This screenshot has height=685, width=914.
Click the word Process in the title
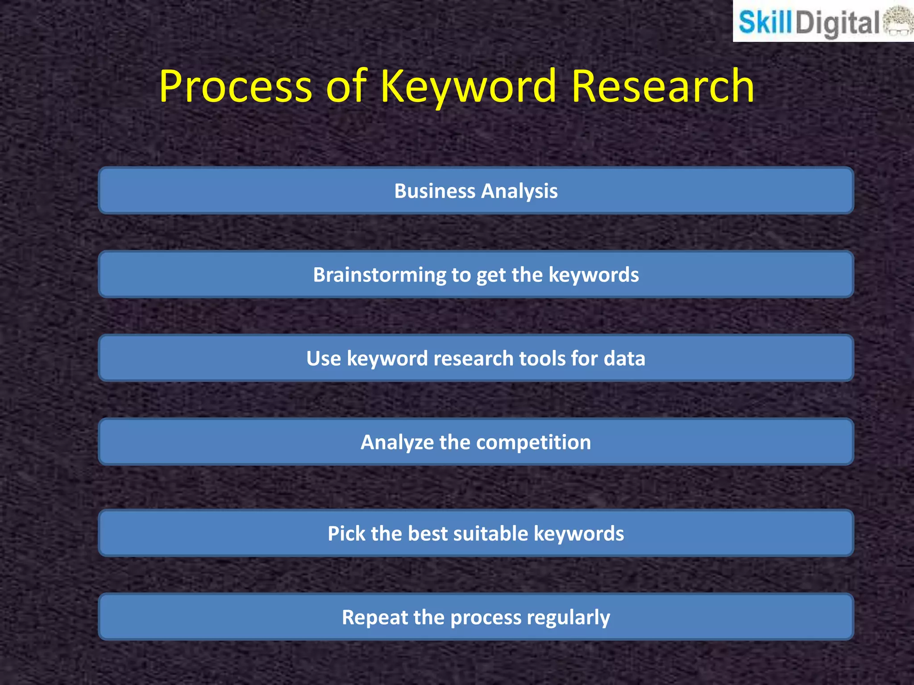[x=235, y=87]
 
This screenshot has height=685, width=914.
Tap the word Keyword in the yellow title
[x=468, y=87]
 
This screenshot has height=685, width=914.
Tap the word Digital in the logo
[x=837, y=24]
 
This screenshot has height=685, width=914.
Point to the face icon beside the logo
[x=898, y=21]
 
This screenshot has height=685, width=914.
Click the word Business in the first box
[x=435, y=191]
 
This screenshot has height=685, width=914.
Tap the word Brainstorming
[x=379, y=275]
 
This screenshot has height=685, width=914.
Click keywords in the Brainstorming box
[x=594, y=275]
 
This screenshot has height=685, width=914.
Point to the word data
[x=624, y=359]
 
